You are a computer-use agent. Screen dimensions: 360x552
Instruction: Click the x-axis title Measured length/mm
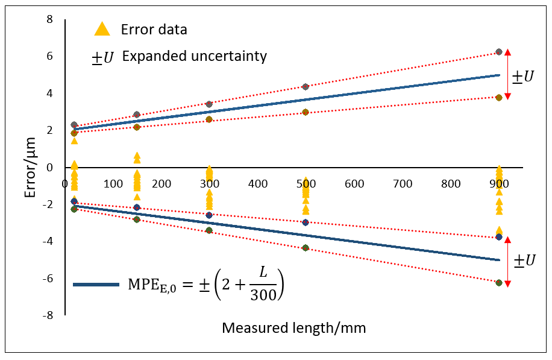(294, 328)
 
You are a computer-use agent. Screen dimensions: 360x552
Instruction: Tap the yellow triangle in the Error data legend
(103, 29)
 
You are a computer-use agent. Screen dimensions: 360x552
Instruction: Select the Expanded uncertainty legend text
(194, 57)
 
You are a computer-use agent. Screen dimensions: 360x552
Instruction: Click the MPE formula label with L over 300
(205, 283)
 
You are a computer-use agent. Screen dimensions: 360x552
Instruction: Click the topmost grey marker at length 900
(499, 52)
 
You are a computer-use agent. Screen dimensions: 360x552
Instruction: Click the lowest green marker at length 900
(499, 283)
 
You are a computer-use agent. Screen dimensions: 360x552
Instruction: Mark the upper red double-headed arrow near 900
(508, 74)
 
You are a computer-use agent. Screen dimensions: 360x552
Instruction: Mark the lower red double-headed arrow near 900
(508, 262)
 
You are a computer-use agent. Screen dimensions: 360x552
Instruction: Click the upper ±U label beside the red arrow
(522, 77)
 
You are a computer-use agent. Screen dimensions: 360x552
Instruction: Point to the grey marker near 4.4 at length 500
(306, 87)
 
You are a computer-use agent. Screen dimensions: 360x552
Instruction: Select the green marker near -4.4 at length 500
(306, 248)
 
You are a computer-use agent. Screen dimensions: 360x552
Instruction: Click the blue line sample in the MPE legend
(96, 284)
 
